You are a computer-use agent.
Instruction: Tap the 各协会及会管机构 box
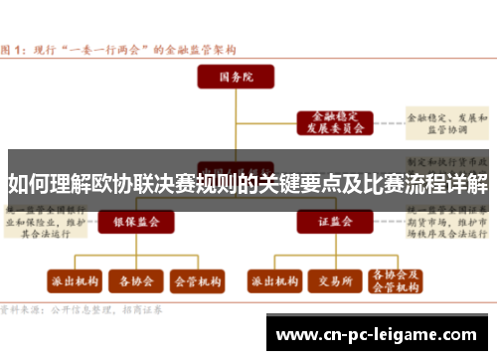coord(394,280)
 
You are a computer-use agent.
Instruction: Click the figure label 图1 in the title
coord(14,47)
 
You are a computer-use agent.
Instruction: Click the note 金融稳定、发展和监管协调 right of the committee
coord(452,122)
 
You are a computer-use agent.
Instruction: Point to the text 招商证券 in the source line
coord(143,309)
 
